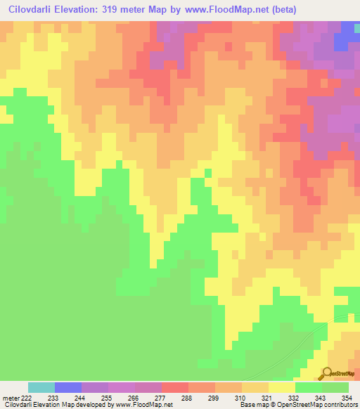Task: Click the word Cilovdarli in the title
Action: (32, 10)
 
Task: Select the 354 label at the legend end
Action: (348, 397)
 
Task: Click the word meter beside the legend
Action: (10, 397)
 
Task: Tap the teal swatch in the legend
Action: (41, 387)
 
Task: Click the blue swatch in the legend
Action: (68, 387)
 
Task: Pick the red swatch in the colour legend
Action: (175, 387)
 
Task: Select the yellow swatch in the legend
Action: (282, 387)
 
